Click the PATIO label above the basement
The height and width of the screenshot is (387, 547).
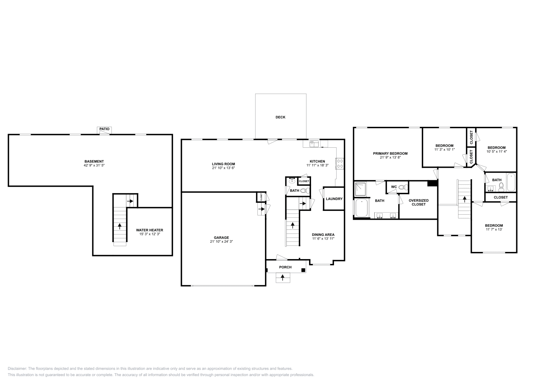click(x=105, y=129)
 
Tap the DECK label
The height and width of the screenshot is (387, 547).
click(x=280, y=117)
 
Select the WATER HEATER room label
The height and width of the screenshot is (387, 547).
click(x=149, y=230)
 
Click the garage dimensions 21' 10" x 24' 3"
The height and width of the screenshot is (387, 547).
click(x=221, y=242)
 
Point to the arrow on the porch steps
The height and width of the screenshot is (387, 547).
click(x=282, y=278)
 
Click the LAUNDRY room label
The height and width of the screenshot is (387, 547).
click(x=334, y=199)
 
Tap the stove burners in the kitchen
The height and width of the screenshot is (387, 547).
click(x=340, y=163)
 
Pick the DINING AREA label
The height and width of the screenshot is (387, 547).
click(x=323, y=235)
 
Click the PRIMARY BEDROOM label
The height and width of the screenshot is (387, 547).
click(x=390, y=154)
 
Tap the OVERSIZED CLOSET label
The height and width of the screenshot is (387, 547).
click(x=418, y=202)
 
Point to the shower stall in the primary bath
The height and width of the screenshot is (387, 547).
click(x=360, y=189)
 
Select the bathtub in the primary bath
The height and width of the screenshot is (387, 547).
click(x=361, y=208)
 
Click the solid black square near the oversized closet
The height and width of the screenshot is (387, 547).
click(x=432, y=183)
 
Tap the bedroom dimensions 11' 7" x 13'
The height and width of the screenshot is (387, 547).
click(x=494, y=229)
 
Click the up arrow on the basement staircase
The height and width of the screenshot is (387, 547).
click(x=120, y=226)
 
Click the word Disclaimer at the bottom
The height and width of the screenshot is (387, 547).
click(x=17, y=369)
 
